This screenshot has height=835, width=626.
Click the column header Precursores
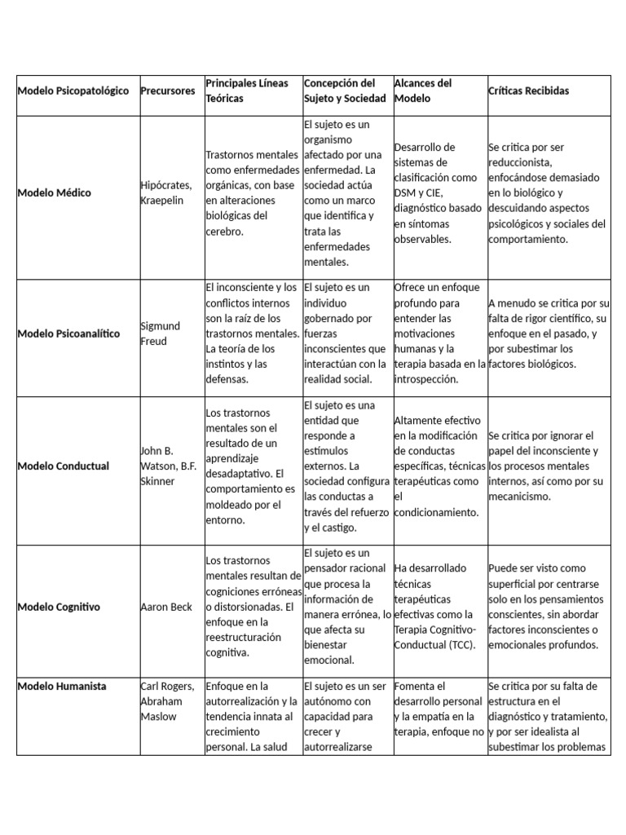(169, 91)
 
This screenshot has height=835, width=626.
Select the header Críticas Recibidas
(528, 91)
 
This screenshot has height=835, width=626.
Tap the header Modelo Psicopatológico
(73, 91)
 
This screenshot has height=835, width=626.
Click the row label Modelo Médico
(55, 193)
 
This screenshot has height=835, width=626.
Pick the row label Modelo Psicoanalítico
(68, 334)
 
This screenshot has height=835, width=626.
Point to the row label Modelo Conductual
(64, 466)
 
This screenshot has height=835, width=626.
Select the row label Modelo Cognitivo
(59, 607)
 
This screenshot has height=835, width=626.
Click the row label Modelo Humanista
(62, 687)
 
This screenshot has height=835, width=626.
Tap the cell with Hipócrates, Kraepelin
(168, 193)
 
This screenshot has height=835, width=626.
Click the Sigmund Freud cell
(161, 334)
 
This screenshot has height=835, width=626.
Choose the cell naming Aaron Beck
(166, 607)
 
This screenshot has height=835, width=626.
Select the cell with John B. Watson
(170, 466)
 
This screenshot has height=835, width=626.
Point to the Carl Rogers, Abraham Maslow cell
(167, 701)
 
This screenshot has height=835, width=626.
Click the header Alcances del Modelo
(422, 91)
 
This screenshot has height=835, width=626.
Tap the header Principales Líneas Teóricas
(247, 91)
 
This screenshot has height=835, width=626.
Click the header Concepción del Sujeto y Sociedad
(340, 91)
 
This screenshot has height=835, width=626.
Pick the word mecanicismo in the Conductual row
(519, 497)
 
